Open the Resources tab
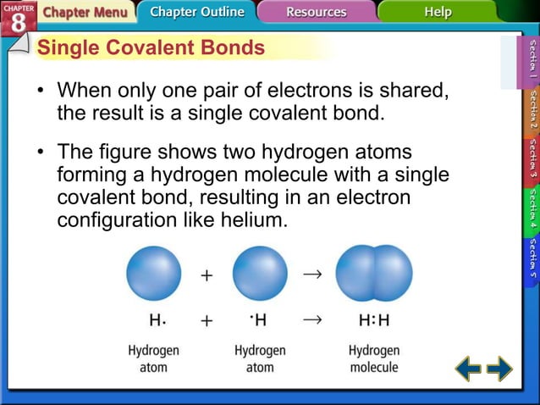click(316, 13)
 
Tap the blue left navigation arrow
click(468, 369)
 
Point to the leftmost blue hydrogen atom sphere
click(153, 273)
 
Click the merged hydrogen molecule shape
click(373, 273)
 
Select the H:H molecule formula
click(373, 321)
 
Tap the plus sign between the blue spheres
click(207, 276)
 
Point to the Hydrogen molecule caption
click(373, 358)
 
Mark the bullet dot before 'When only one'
click(40, 90)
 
